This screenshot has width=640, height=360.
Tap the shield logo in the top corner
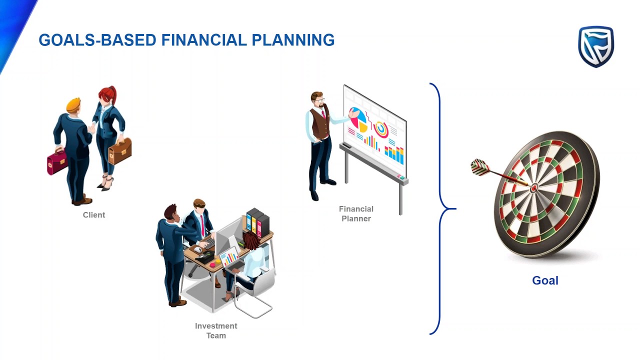pyautogui.click(x=595, y=46)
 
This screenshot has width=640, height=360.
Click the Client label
pyautogui.click(x=94, y=215)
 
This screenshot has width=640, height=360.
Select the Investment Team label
pyautogui.click(x=216, y=330)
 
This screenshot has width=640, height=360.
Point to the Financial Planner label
pyautogui.click(x=356, y=213)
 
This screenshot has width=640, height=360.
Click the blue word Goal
pyautogui.click(x=545, y=280)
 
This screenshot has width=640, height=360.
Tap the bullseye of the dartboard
pyautogui.click(x=533, y=188)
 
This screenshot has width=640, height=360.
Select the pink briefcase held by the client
pyautogui.click(x=56, y=161)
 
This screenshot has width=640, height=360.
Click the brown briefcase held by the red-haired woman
pyautogui.click(x=120, y=151)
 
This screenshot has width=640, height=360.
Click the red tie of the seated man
pyautogui.click(x=202, y=225)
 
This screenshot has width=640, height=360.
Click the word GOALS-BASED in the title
pyautogui.click(x=97, y=40)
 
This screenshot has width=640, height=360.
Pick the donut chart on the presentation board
pyautogui.click(x=381, y=129)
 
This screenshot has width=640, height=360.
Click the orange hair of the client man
pyautogui.click(x=73, y=104)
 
